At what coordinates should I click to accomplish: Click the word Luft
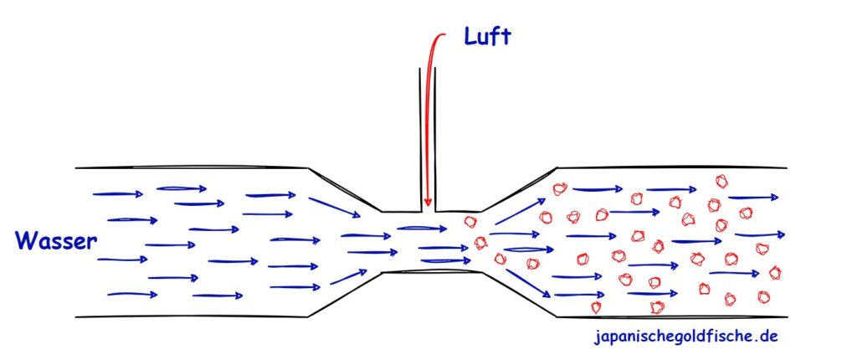487,37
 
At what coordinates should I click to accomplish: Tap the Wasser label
56,241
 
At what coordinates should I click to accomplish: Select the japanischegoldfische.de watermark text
686,336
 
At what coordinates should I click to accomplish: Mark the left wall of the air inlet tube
421,140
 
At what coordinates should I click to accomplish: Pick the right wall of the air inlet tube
435,140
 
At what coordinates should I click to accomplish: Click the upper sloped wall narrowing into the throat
345,189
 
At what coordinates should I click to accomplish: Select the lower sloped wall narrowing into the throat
345,294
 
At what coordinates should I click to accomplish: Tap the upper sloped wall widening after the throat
519,189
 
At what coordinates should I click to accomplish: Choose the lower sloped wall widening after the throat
519,294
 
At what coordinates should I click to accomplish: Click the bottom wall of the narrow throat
432,271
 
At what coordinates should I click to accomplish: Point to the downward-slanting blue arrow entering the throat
335,208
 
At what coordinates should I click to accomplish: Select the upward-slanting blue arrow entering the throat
348,277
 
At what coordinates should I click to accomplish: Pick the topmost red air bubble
722,181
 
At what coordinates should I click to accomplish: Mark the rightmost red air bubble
774,272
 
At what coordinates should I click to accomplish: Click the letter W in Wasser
25,241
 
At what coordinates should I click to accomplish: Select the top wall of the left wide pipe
192,167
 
